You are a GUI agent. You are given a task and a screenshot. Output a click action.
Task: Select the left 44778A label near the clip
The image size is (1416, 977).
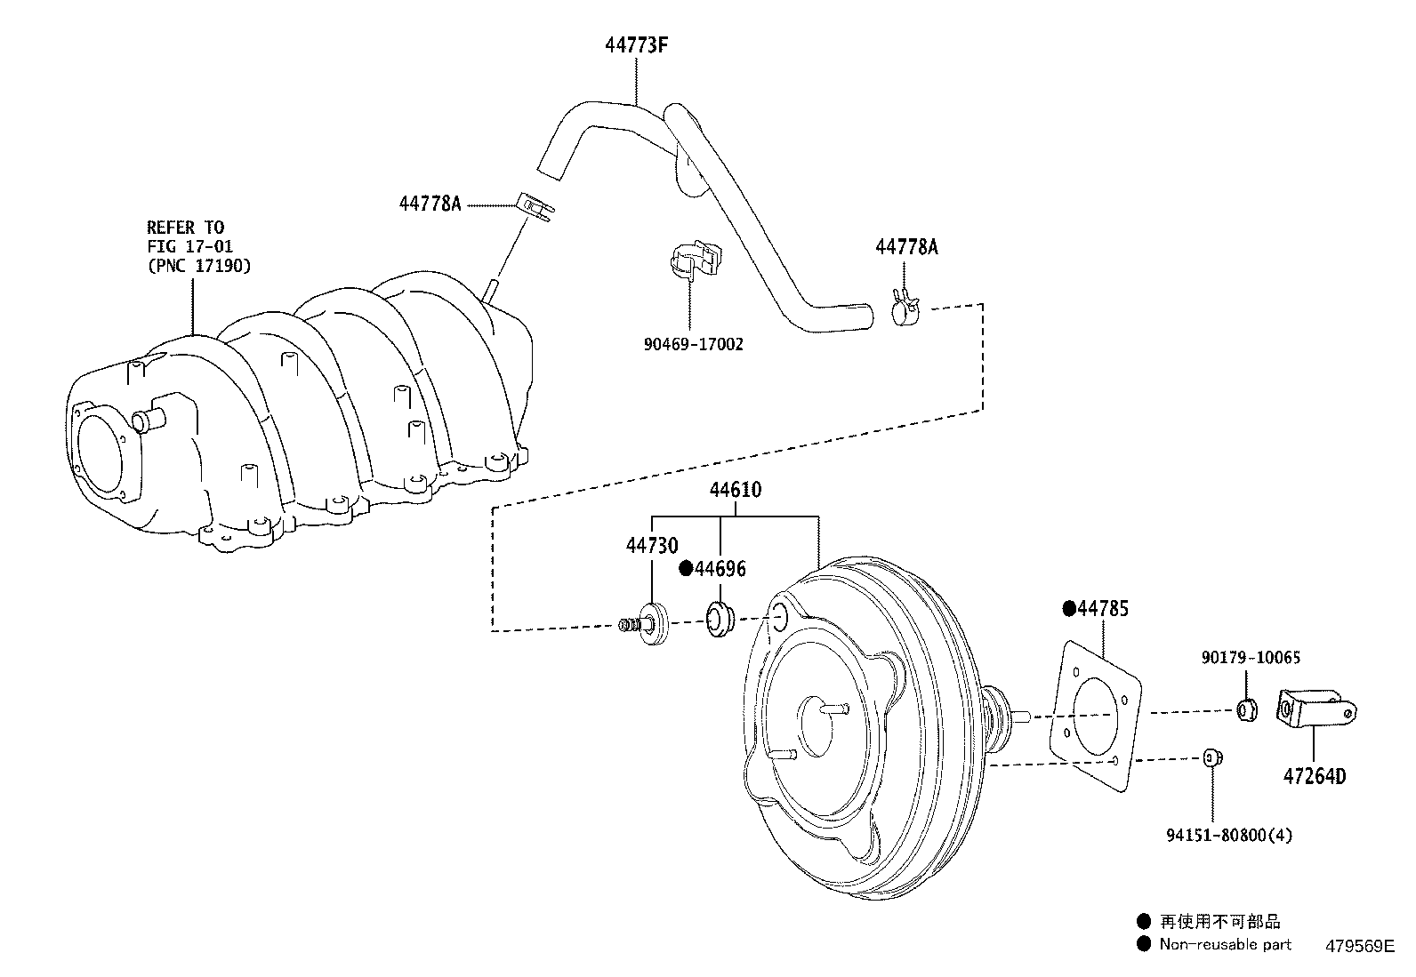[x=430, y=204]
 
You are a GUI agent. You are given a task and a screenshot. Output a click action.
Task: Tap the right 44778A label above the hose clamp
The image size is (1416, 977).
[x=906, y=247]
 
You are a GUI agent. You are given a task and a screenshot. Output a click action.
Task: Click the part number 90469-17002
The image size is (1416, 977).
[x=693, y=345]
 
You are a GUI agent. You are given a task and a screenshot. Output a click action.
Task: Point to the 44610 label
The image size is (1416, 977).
[x=735, y=490]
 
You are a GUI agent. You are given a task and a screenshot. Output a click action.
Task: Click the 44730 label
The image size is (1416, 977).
[x=651, y=546]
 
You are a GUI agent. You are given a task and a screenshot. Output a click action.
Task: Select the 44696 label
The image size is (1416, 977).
[x=720, y=569]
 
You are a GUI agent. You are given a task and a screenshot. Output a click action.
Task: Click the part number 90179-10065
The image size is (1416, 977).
[x=1250, y=658]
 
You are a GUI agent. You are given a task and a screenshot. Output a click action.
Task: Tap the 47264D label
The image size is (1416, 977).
[x=1314, y=777]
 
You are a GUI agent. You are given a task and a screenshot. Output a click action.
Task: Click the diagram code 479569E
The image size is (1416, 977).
[x=1362, y=947]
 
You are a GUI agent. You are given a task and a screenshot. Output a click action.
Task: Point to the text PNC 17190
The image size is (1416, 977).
[x=198, y=265]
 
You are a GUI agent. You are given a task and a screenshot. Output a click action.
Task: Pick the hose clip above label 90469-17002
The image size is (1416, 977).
[x=696, y=260]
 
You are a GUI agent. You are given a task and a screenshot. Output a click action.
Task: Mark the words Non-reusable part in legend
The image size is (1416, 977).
[x=1225, y=944]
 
